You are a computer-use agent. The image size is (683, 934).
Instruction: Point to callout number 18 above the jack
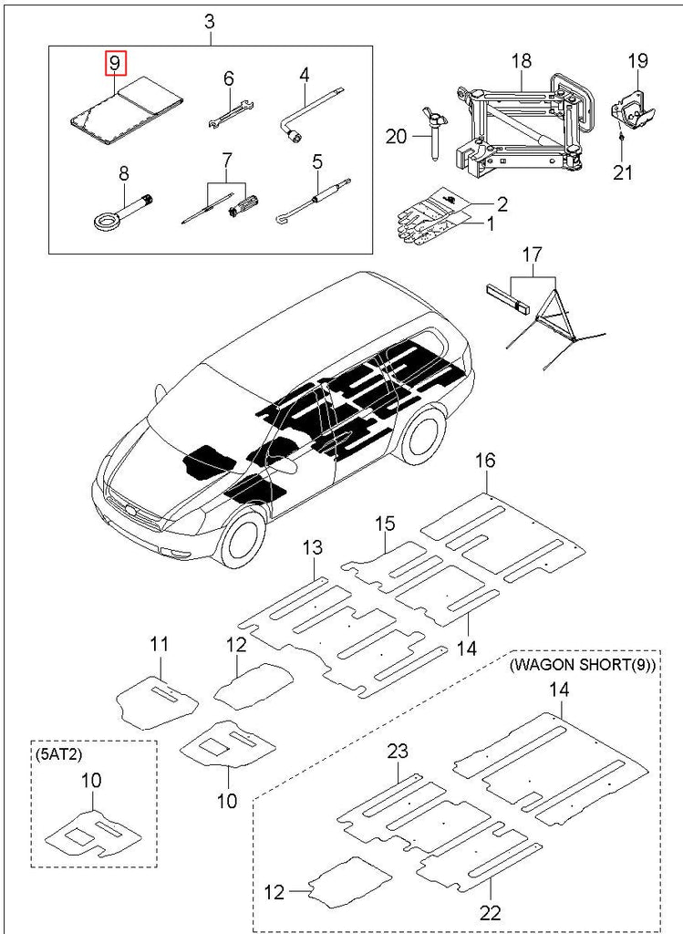(x=521, y=61)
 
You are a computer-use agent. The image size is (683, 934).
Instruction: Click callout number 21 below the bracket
(x=623, y=170)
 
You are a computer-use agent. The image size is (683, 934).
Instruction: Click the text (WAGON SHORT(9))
(x=582, y=664)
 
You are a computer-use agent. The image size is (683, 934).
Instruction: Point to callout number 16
(x=485, y=462)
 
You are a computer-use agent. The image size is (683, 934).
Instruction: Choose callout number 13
(x=313, y=548)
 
